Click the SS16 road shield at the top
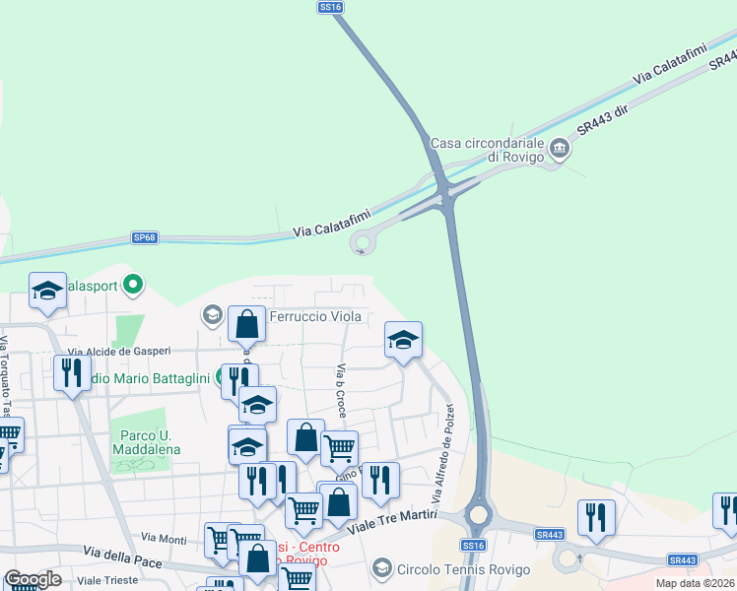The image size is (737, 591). (x=331, y=7)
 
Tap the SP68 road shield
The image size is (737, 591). (x=145, y=237)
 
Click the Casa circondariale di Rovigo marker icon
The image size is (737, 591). (x=560, y=149)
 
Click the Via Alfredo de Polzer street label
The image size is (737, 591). (x=442, y=452)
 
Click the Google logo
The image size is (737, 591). (x=33, y=579)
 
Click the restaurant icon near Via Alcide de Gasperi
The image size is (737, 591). (x=71, y=372)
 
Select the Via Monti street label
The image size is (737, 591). (x=164, y=538)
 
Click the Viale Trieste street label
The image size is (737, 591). (x=107, y=580)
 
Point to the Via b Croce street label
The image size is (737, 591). (x=341, y=390)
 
